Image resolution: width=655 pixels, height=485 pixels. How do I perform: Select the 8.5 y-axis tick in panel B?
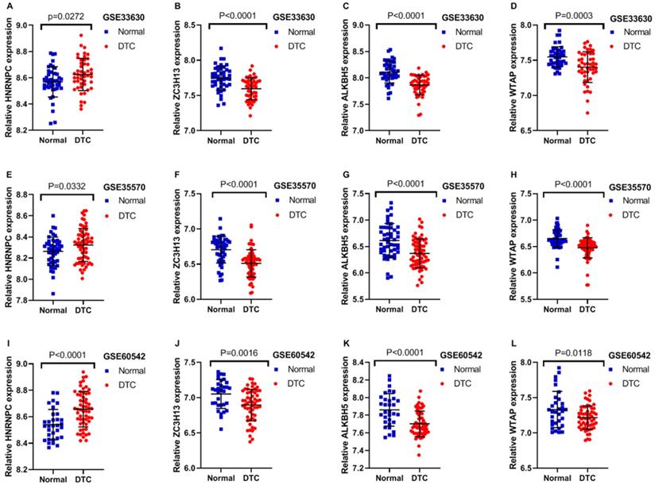coord(192,25)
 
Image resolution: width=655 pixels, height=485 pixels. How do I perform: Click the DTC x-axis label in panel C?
coord(419,140)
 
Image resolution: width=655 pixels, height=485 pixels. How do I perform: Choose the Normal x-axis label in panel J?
coord(217,479)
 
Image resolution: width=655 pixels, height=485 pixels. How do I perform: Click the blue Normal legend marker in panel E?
coord(107,201)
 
